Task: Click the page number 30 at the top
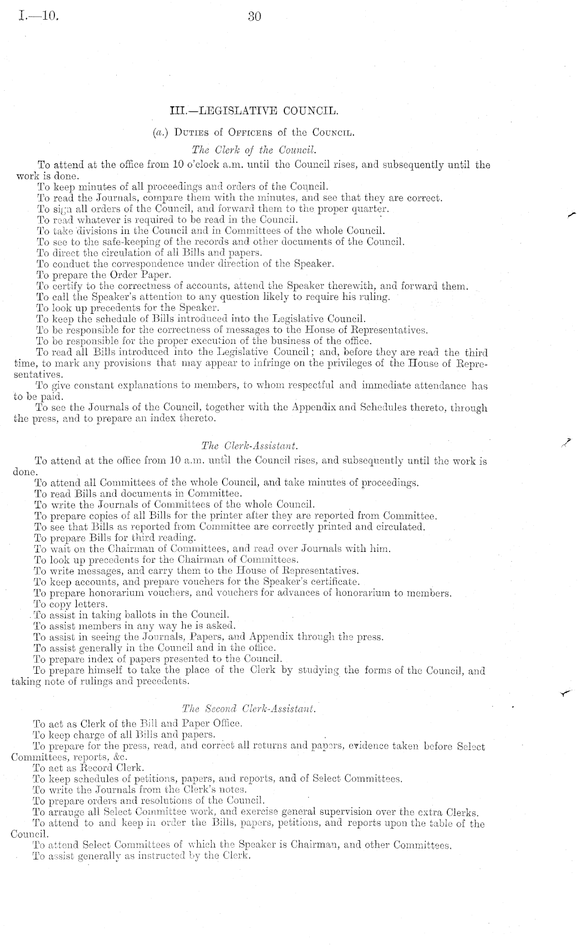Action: [x=254, y=17]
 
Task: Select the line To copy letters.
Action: [x=71, y=604]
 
